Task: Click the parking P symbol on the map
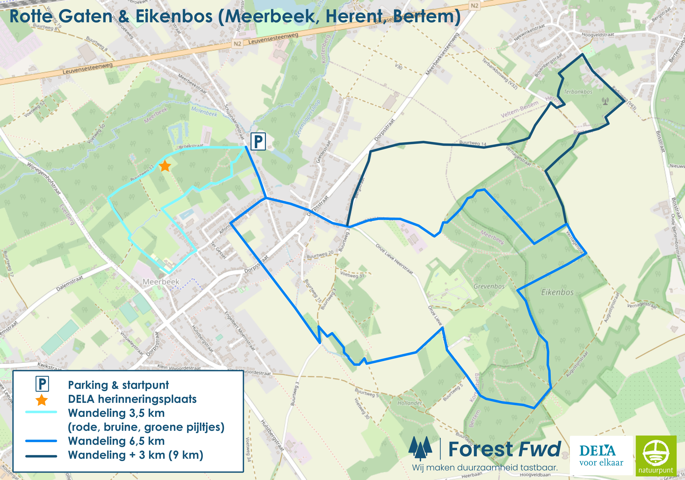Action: (258, 142)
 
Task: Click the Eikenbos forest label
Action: (557, 292)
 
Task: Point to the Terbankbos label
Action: (578, 92)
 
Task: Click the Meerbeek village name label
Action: (161, 282)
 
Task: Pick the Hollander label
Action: (410, 403)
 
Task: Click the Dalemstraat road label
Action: (69, 283)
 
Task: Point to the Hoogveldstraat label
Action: (598, 35)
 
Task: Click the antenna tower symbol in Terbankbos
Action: (605, 101)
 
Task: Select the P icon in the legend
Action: (42, 384)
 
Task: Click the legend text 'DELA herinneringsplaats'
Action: (132, 399)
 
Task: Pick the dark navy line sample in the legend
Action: (41, 456)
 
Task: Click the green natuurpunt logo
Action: (656, 455)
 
